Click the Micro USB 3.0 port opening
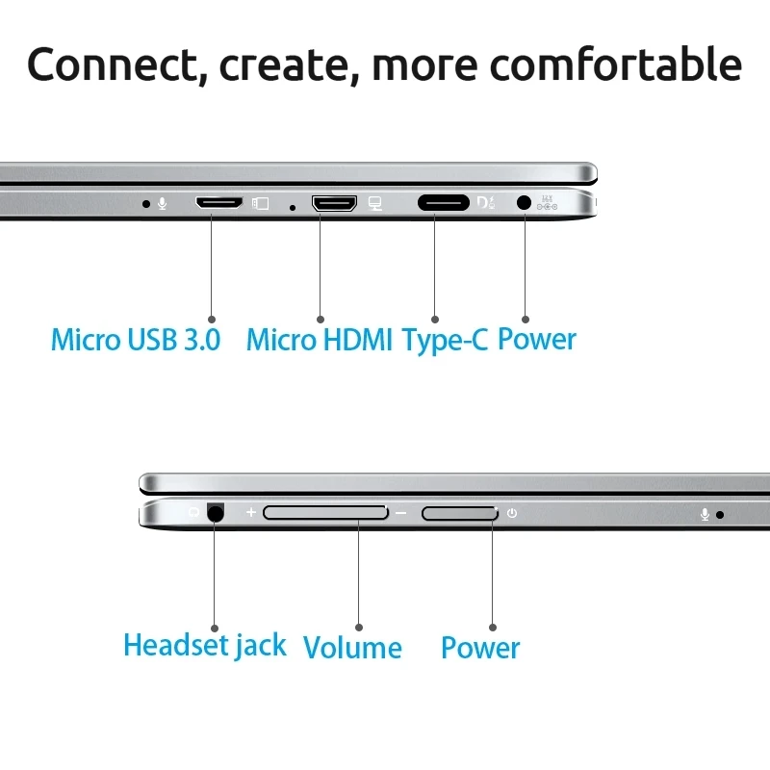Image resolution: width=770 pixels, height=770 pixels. click(218, 203)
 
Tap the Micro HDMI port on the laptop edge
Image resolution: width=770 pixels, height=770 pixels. click(333, 203)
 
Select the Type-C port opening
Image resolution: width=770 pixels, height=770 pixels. click(443, 203)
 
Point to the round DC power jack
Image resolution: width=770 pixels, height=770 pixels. click(525, 203)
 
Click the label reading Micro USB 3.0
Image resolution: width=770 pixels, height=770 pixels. click(136, 340)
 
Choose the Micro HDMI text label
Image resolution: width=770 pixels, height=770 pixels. click(320, 340)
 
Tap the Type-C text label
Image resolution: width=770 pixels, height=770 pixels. click(446, 341)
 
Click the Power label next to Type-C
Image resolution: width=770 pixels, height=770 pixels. click(537, 340)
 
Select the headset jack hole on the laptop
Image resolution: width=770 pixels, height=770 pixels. click(214, 513)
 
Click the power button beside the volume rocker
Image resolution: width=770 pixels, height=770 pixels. click(460, 513)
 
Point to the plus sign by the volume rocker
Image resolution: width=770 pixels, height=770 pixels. click(251, 513)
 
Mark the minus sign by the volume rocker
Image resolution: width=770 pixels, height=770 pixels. click(401, 513)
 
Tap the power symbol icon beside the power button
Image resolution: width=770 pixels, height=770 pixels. click(512, 513)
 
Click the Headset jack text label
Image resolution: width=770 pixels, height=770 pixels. click(205, 645)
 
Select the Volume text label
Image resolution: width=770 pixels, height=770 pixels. click(352, 648)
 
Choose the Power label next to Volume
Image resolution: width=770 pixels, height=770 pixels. click(480, 648)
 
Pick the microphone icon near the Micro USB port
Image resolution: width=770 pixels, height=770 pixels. click(163, 203)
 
